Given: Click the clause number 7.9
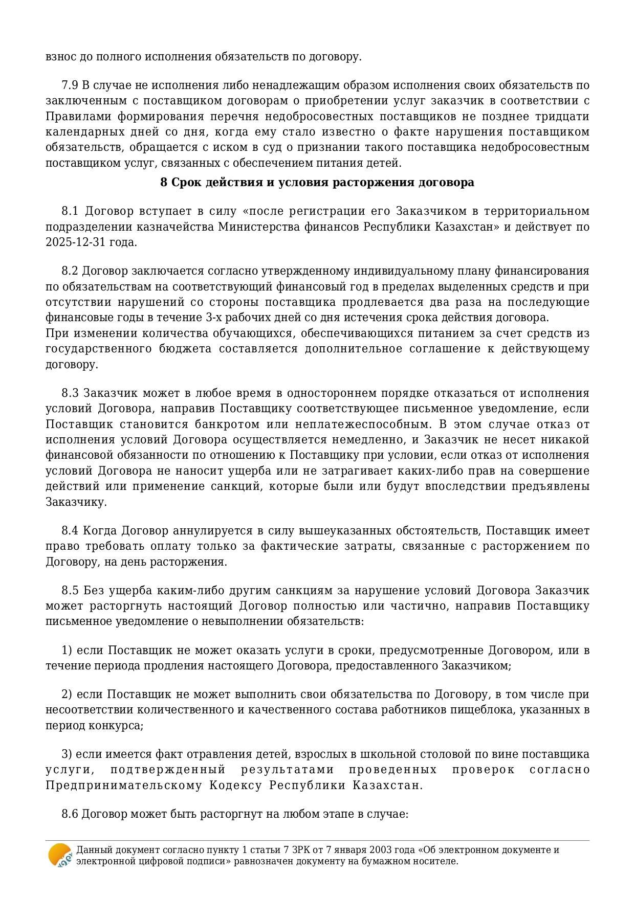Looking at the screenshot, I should [x=70, y=85].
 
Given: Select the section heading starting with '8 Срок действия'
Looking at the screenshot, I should [x=317, y=183].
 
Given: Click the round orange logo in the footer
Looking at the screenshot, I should [x=59, y=855].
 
